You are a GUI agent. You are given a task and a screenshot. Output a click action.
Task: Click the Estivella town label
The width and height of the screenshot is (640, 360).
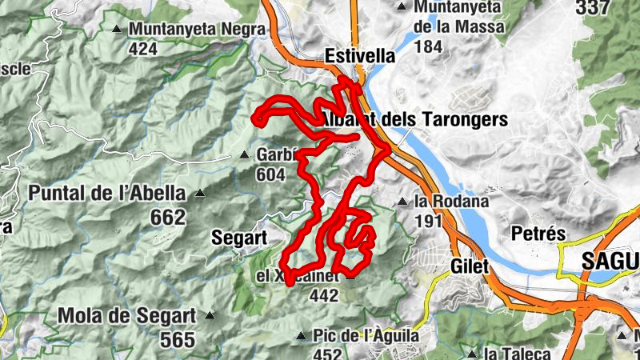point(360,56)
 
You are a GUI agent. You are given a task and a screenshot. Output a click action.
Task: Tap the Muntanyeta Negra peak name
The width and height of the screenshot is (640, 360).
point(196,29)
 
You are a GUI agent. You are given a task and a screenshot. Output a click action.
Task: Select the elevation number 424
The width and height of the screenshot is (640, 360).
point(145,49)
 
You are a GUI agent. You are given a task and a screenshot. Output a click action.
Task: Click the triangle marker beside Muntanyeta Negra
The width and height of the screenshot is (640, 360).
point(118,30)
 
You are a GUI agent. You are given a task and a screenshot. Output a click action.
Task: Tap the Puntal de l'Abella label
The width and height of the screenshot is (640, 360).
point(106,193)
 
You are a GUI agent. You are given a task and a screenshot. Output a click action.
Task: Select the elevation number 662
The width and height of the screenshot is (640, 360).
point(166,217)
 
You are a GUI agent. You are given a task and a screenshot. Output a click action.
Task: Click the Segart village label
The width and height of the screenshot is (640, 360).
point(238,237)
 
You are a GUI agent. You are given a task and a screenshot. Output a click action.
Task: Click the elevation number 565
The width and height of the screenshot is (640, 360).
point(178,339)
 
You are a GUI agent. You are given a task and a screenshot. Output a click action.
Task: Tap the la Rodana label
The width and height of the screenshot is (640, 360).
point(451,201)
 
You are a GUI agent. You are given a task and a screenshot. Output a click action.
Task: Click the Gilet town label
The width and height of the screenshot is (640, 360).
point(469,266)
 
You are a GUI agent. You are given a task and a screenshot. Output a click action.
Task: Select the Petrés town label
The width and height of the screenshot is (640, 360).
point(538,234)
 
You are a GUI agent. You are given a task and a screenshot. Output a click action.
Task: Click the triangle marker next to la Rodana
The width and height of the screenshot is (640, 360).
point(402,202)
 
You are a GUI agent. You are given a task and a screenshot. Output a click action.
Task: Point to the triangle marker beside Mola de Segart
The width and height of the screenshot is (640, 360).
point(210,315)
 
